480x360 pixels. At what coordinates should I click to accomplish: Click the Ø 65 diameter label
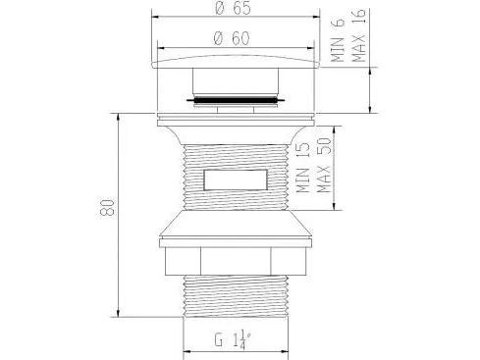coord(234,8)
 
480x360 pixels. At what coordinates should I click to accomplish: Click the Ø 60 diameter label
coord(232,38)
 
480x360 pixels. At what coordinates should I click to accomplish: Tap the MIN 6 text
coord(338,39)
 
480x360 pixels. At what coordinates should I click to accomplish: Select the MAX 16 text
coord(358,35)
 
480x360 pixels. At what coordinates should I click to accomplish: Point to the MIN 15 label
coord(303,168)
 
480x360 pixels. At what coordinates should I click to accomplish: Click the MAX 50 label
coord(324,165)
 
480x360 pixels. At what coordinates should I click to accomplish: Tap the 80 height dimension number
coord(107,207)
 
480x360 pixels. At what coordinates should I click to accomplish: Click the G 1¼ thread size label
coord(233,340)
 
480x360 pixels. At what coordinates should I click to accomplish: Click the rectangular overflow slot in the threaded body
coord(236,180)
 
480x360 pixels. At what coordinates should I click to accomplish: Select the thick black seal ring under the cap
coord(236,98)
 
